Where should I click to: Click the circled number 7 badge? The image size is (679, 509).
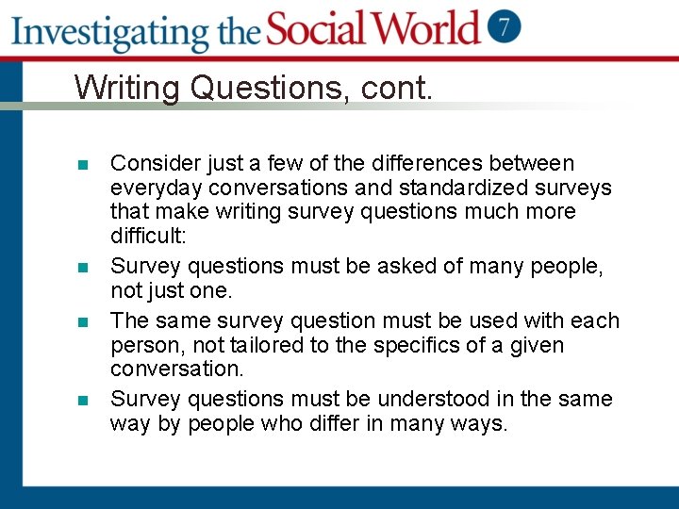point(504,26)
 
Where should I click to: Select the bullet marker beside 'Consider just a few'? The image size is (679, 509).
point(83,165)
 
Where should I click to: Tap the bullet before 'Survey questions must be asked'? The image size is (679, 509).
point(83,269)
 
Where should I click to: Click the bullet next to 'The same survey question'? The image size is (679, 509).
point(83,321)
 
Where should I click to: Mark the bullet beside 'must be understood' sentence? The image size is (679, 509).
point(83,400)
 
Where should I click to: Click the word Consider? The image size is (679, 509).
point(152,164)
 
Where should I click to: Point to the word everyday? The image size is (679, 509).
point(150,189)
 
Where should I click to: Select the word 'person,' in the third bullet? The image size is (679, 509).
point(143,345)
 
